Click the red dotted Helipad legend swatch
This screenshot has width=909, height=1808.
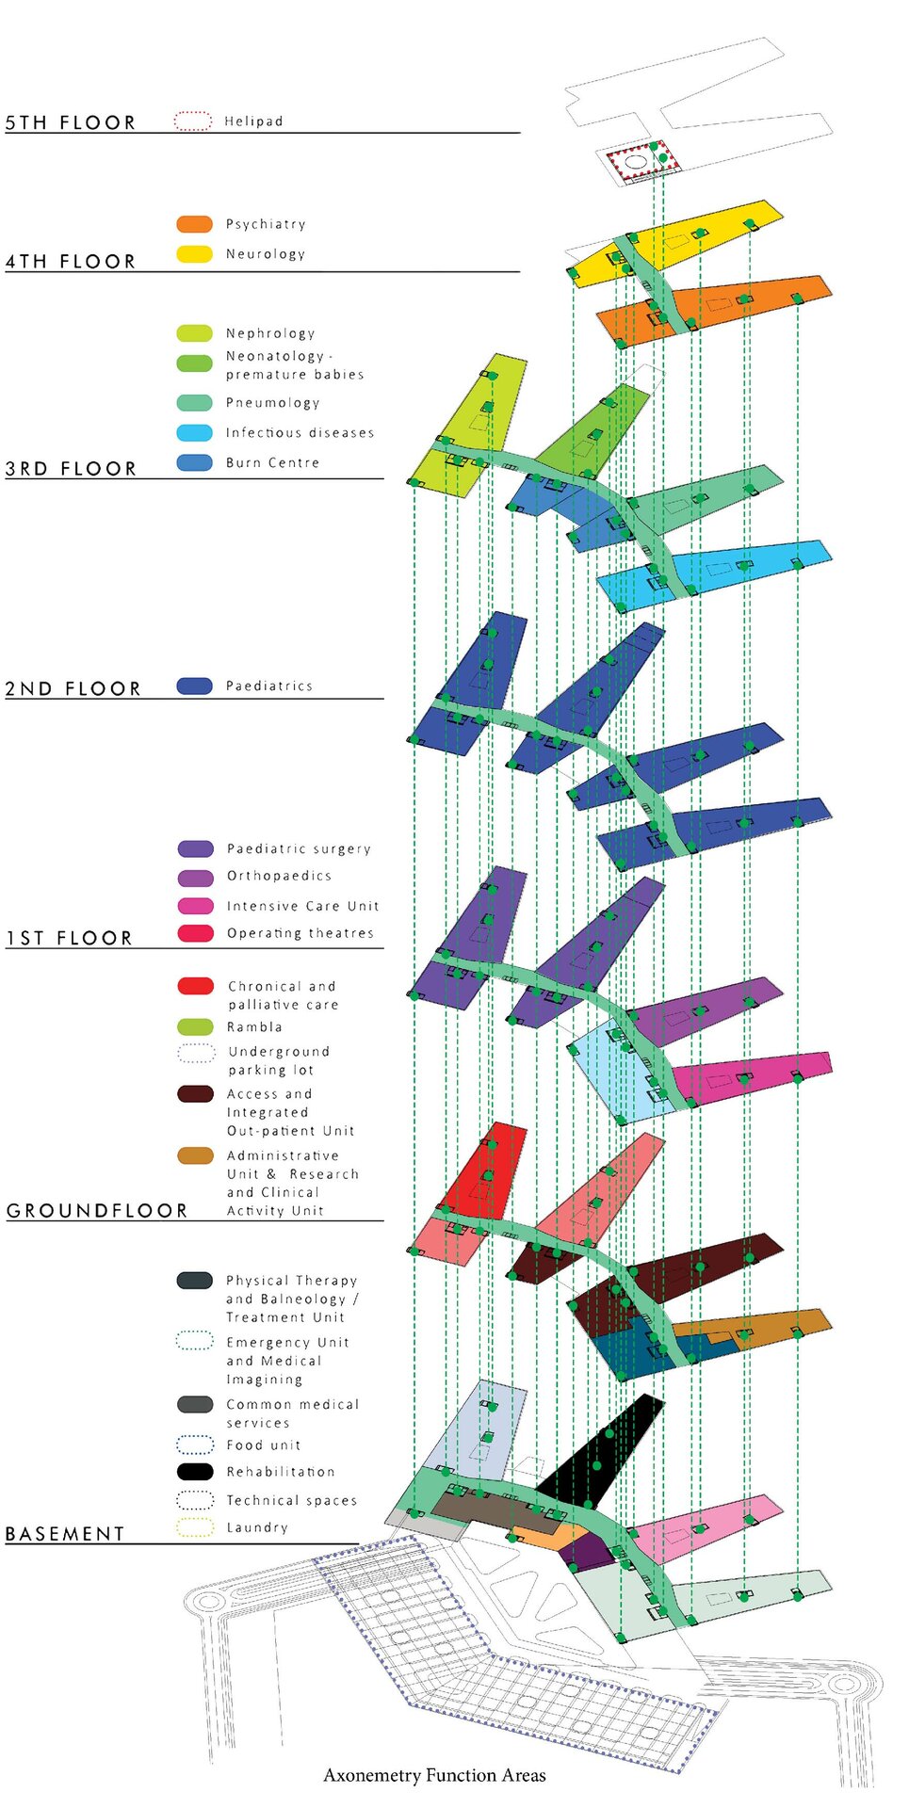click(x=193, y=121)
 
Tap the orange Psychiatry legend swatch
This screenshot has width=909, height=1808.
click(x=194, y=224)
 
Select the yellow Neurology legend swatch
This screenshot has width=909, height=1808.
click(x=194, y=253)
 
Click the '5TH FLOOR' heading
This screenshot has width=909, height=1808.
click(x=71, y=122)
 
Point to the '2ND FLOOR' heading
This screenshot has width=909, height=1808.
click(x=73, y=688)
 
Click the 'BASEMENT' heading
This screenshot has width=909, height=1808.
click(x=65, y=1534)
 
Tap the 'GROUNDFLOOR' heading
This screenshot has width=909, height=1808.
click(x=97, y=1210)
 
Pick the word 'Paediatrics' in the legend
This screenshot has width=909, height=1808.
click(x=268, y=686)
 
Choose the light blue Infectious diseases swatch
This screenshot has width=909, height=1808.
click(x=194, y=432)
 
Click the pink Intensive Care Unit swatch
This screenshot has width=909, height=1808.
click(x=195, y=906)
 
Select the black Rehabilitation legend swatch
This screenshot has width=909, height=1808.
click(x=195, y=1471)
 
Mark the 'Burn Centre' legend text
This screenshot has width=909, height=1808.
click(x=272, y=462)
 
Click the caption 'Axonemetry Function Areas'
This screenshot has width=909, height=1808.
click(x=434, y=1775)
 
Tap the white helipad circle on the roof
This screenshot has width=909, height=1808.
click(x=637, y=162)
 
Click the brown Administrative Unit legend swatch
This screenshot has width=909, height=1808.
click(x=195, y=1155)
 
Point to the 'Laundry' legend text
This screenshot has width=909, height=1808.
click(x=257, y=1527)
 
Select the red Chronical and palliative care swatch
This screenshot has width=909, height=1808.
click(x=195, y=986)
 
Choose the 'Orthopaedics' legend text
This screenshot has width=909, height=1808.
click(x=279, y=876)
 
